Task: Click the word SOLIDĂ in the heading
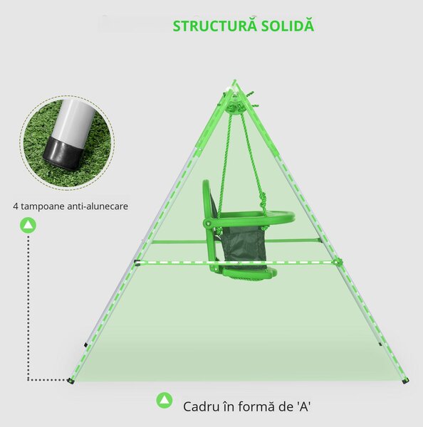click(288, 26)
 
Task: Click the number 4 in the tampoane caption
click(16, 206)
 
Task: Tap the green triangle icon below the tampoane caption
click(28, 225)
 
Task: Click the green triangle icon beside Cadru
click(164, 400)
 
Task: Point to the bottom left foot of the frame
click(71, 381)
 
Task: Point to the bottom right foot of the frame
click(405, 381)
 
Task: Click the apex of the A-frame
click(234, 81)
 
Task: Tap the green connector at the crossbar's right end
click(338, 262)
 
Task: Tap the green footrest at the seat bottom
click(249, 273)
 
